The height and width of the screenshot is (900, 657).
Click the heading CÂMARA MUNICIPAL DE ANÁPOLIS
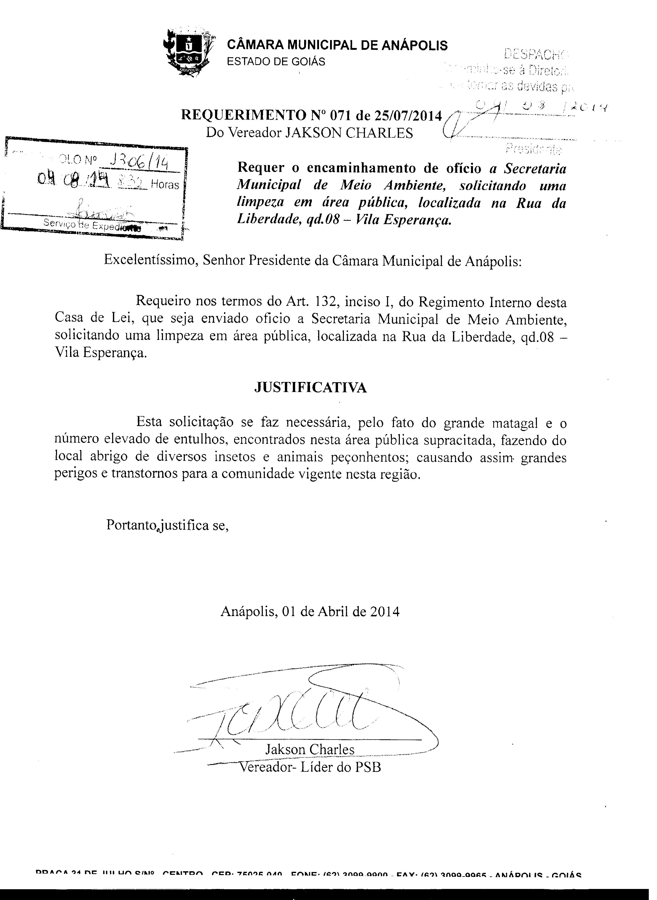(337, 45)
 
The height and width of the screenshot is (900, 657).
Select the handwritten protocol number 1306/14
(139, 162)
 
